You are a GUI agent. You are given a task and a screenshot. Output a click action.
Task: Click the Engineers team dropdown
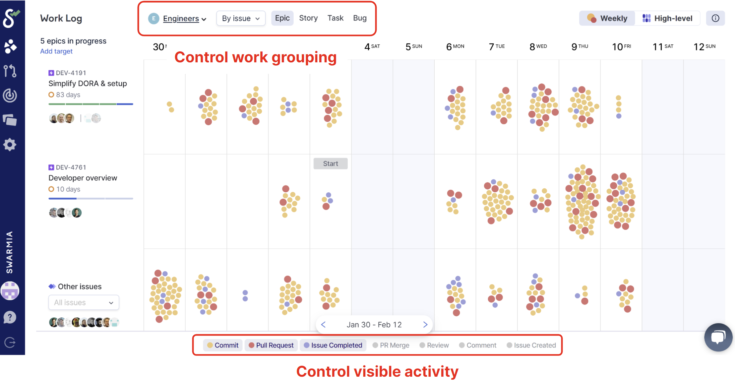[x=184, y=19]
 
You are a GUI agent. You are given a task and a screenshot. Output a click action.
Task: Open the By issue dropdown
[x=241, y=19]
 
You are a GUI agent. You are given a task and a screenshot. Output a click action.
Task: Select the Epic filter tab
[x=282, y=18]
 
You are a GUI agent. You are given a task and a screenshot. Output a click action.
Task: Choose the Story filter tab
[x=308, y=18]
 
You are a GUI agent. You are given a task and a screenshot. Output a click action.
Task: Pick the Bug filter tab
[x=360, y=18]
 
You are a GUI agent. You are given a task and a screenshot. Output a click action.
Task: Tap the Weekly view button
[x=607, y=19]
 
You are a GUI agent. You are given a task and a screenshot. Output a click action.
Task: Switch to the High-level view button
[x=667, y=19]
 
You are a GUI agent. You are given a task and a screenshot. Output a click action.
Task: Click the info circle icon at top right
[x=715, y=18]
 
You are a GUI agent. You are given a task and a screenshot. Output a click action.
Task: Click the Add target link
[x=56, y=51]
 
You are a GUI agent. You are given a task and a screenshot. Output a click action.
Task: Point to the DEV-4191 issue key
[x=71, y=73]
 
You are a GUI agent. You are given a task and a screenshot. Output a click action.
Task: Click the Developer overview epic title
[x=83, y=178]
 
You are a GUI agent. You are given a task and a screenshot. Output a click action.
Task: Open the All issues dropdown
[x=84, y=302]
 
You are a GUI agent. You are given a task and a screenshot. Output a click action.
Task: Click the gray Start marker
[x=331, y=163]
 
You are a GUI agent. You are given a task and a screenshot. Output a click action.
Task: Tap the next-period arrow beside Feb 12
[x=425, y=325]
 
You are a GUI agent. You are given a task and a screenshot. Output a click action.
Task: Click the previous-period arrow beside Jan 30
[x=323, y=325]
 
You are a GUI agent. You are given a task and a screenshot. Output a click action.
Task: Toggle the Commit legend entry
[x=223, y=345]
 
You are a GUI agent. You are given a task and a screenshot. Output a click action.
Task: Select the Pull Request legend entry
[x=271, y=345]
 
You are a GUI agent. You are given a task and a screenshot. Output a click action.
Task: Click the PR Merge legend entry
[x=391, y=345]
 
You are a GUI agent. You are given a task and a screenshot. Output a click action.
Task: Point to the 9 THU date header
[x=580, y=47]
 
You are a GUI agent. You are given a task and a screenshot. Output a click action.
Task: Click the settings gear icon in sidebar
[x=10, y=145]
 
